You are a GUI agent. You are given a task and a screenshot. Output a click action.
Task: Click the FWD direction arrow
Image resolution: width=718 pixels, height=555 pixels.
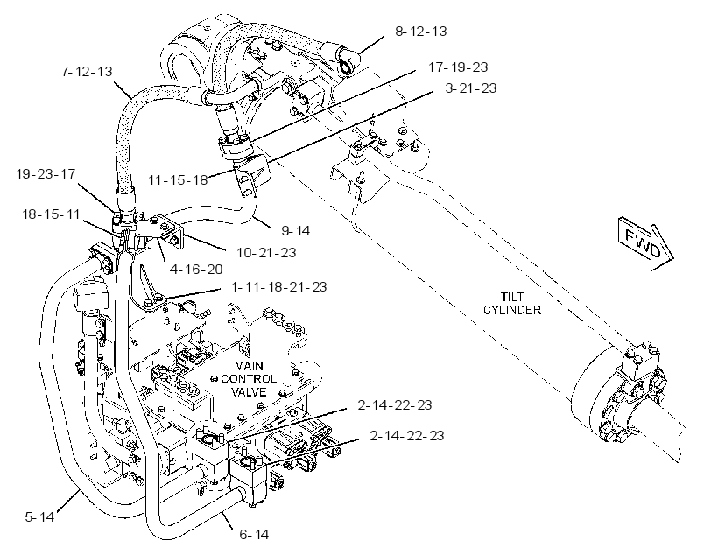(645, 243)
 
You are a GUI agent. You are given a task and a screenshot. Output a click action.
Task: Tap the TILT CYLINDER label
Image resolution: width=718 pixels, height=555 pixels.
(512, 303)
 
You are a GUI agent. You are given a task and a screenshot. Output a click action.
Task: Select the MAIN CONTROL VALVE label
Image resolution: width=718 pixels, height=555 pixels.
(249, 379)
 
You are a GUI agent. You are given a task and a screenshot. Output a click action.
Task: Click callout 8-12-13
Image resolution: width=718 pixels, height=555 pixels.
(421, 32)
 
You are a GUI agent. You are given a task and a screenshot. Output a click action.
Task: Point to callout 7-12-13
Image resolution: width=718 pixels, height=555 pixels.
(87, 72)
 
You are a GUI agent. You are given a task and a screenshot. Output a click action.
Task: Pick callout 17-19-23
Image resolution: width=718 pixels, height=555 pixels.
(458, 67)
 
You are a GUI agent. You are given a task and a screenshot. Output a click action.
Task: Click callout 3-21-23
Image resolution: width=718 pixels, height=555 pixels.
(471, 88)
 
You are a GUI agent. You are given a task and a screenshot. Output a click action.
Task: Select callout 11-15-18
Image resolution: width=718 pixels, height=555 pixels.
(178, 180)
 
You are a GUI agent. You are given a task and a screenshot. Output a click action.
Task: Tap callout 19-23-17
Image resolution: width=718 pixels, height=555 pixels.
(46, 174)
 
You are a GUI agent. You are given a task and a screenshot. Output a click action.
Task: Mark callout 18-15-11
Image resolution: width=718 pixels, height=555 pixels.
(52, 214)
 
